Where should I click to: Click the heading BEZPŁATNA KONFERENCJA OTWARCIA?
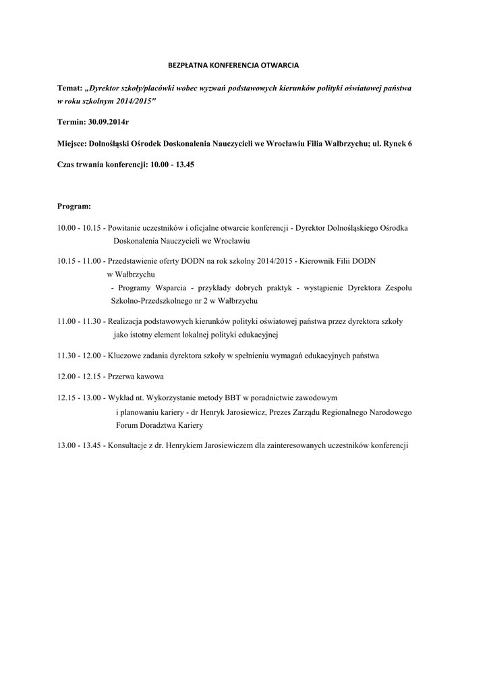(x=233, y=65)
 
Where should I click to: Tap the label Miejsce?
(x=72, y=143)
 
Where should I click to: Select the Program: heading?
(x=74, y=206)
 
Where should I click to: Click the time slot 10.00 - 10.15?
(x=79, y=228)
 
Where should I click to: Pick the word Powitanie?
(x=125, y=228)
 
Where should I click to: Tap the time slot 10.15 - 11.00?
(x=79, y=261)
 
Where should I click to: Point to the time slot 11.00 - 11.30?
(x=79, y=321)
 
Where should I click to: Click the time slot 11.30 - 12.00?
(x=79, y=355)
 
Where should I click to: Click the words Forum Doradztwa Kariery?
(x=159, y=426)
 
